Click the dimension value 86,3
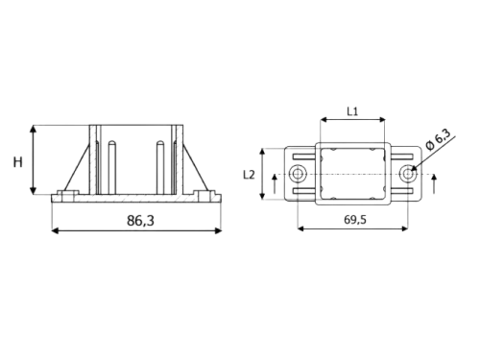coord(140,221)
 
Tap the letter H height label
coord(18,162)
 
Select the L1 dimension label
coord(352,111)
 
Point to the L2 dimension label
coord(249,175)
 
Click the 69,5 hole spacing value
coord(355,220)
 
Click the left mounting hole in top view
coord(298,174)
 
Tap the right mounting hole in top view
coord(408,174)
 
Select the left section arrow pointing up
coord(275,184)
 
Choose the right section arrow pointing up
coord(434,184)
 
